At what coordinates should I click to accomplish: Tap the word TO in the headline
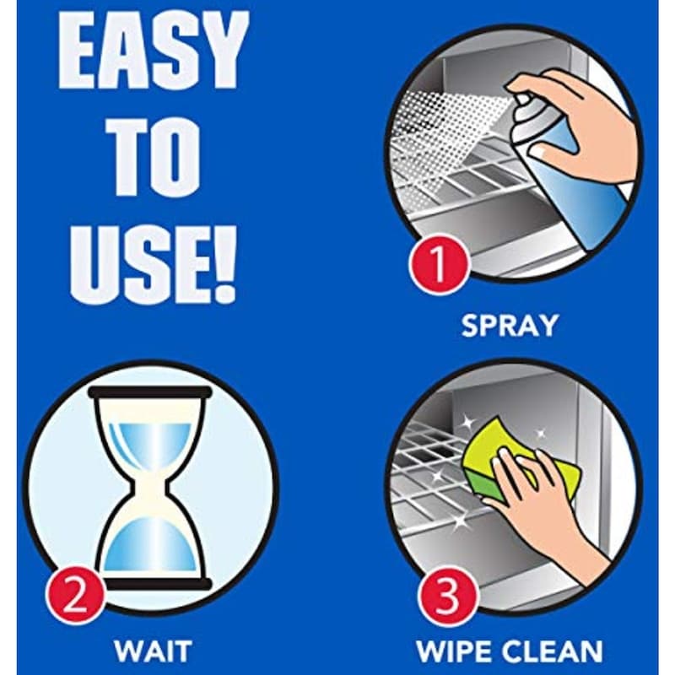coord(154,159)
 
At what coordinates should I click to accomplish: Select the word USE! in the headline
coord(154,264)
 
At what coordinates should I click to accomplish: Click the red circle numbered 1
coord(439,263)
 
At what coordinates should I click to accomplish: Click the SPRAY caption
coord(510,326)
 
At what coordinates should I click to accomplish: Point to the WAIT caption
coord(153,651)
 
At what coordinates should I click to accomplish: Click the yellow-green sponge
coord(521,469)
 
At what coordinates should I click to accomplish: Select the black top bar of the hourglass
coord(150,392)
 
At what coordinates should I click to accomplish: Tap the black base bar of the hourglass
coord(157,584)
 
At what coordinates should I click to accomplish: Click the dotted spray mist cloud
coord(452,138)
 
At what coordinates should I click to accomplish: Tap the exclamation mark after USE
coord(225,264)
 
